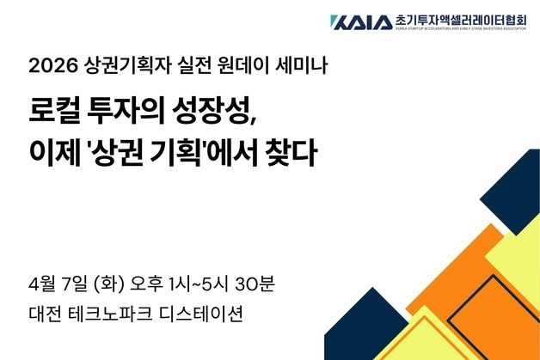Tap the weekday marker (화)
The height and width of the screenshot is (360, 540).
click(113, 283)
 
